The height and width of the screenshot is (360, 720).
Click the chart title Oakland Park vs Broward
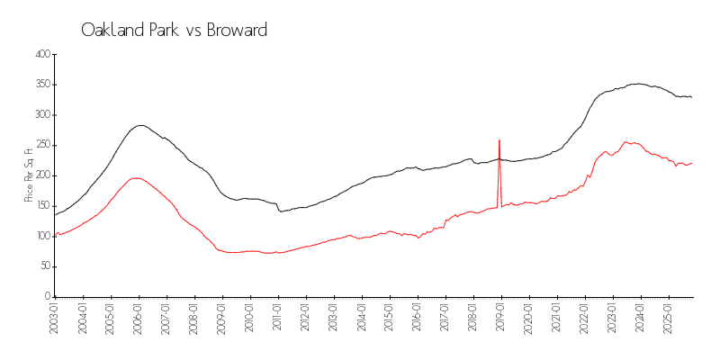coord(174,30)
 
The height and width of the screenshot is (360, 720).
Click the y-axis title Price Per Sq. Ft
coord(29,175)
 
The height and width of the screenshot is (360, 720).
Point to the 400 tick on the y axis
coord(41,54)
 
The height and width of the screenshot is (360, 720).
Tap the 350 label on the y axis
coord(41,85)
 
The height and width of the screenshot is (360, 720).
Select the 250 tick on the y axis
coord(41,145)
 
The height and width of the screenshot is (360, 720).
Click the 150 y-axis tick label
coord(41,205)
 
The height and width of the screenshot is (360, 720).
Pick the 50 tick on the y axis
coord(44,266)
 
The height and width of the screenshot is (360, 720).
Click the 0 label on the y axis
coord(47,297)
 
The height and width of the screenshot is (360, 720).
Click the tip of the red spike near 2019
coord(499,140)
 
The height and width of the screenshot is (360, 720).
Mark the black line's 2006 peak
coord(140,125)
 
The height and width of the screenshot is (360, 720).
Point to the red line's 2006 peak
coord(135,177)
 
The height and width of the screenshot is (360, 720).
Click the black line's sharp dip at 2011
coord(281,211)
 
